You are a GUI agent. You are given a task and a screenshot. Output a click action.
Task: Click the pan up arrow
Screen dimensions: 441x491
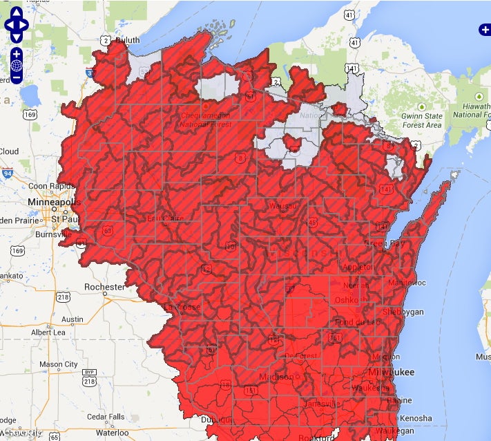17,12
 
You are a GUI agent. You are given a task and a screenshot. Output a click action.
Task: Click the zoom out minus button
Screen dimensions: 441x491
17,78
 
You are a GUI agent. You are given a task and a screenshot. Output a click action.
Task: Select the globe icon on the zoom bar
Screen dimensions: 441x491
17,66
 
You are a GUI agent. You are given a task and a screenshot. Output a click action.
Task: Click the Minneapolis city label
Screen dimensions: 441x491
54,202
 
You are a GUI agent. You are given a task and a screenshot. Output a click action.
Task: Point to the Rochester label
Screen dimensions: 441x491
104,287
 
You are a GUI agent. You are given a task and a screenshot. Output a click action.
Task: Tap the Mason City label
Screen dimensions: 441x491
59,364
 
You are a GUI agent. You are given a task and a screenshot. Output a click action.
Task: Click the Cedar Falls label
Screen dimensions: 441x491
106,417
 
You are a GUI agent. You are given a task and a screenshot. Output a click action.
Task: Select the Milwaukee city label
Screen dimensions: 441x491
392,372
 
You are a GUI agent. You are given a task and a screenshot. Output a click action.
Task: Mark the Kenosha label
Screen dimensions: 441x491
415,419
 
